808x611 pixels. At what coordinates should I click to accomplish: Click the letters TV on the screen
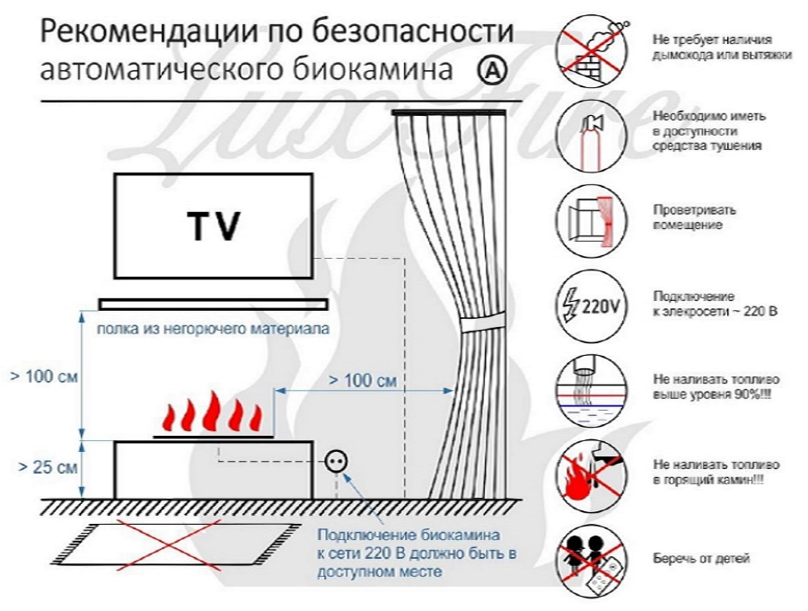pos(214,227)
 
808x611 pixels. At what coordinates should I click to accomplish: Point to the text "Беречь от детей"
pos(700,559)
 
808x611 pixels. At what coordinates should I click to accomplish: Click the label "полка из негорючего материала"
pos(213,329)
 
